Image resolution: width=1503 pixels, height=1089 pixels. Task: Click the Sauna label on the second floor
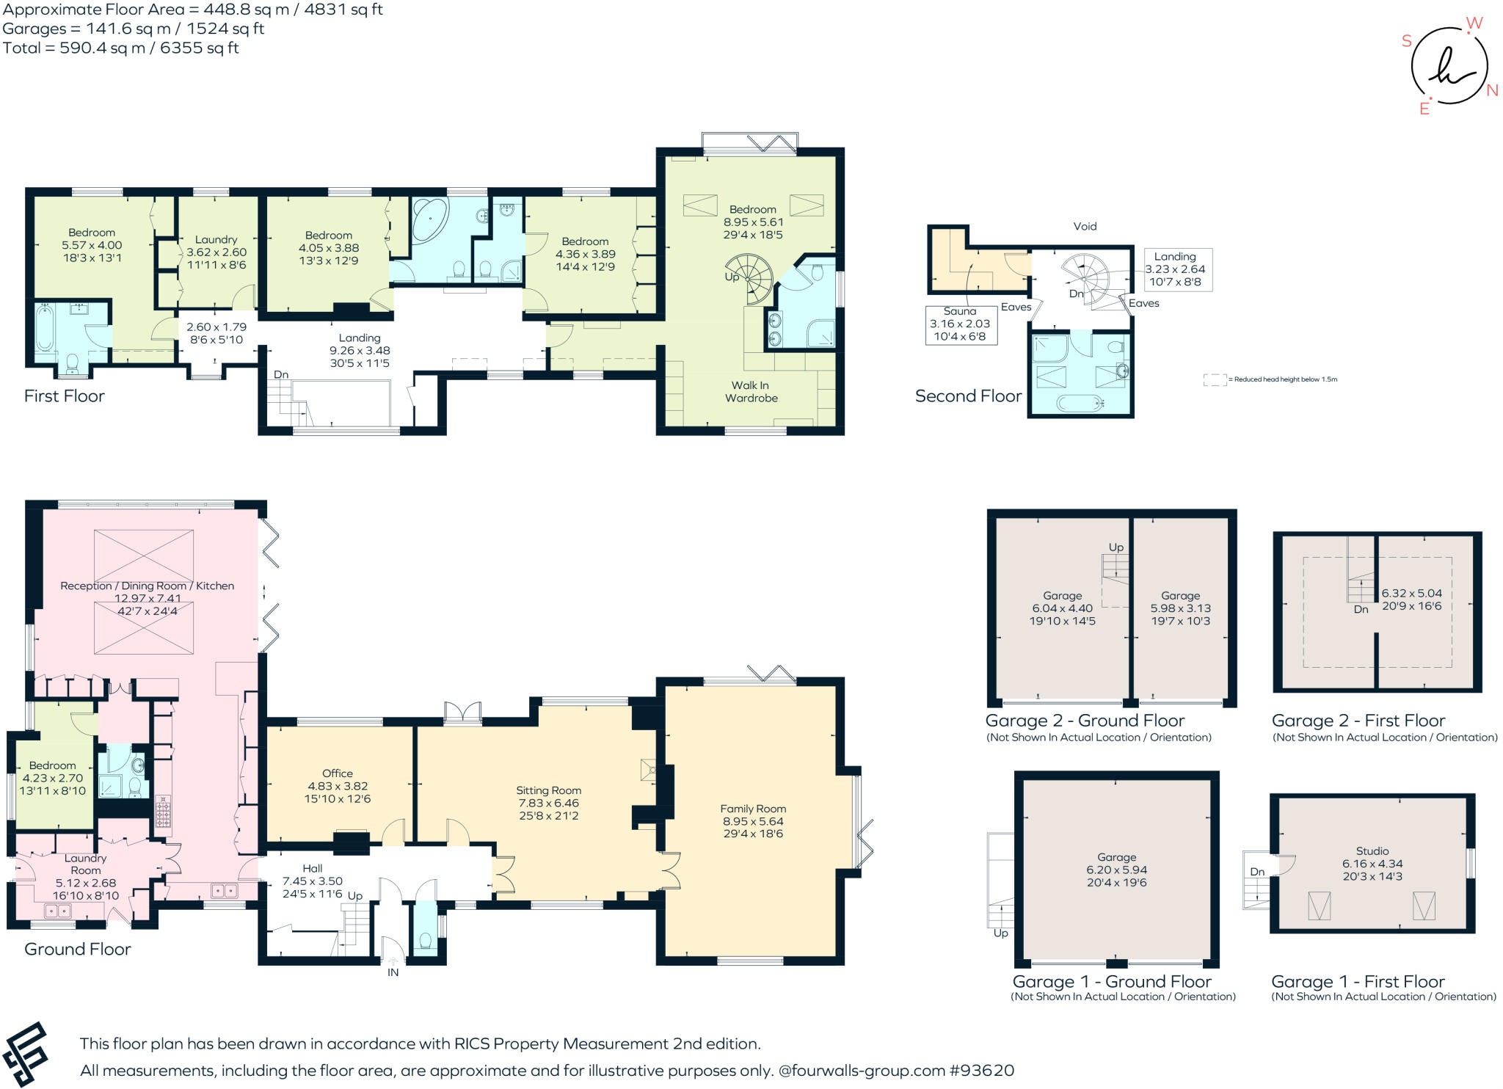[x=959, y=311]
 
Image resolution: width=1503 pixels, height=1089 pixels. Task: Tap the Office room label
[x=338, y=773]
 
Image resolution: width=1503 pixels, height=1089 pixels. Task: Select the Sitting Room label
[x=549, y=790]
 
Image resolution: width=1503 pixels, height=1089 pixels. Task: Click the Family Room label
[x=753, y=809]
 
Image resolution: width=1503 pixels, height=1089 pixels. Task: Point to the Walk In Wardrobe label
[x=751, y=392]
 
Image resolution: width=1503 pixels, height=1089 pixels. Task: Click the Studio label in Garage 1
[x=1372, y=851]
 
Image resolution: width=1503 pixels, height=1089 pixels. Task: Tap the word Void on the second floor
[x=1085, y=226]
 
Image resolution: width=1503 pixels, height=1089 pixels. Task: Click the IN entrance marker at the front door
[x=393, y=972]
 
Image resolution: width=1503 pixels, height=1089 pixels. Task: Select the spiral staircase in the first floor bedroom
[x=749, y=279]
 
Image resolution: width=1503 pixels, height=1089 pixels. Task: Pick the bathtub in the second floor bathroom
[x=1080, y=402]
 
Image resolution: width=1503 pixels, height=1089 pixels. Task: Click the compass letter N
[x=1492, y=90]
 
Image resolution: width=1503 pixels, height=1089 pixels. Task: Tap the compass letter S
[x=1407, y=40]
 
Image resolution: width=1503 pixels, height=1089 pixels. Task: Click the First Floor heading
[x=65, y=396]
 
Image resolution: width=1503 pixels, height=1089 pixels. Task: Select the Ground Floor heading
[x=78, y=949]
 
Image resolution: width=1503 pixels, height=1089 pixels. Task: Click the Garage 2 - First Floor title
[x=1358, y=721]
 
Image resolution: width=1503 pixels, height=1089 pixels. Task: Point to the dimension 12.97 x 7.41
[x=148, y=598]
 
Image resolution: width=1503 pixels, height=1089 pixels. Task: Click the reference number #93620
[x=982, y=1071]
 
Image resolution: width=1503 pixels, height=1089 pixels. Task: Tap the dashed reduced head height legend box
[x=1215, y=379]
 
